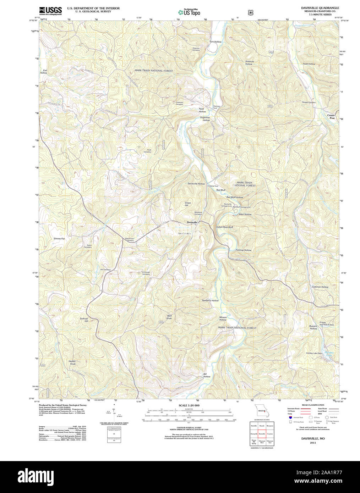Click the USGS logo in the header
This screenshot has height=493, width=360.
point(50,11)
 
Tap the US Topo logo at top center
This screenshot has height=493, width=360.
point(189,12)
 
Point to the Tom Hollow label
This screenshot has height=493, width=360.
point(215,42)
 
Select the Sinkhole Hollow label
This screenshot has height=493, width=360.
point(249,62)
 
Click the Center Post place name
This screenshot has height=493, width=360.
point(331,116)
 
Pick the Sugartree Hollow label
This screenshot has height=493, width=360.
point(205,119)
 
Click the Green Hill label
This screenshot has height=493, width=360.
point(188,204)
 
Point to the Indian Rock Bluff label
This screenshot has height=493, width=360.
point(224,227)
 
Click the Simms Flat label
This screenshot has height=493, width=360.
point(59,239)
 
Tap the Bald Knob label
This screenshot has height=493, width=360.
point(169,317)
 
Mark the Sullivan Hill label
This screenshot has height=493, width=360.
point(84,319)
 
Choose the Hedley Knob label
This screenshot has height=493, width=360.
point(72,362)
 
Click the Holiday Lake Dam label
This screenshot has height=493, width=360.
point(314,353)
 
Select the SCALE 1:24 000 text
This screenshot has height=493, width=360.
point(189,405)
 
